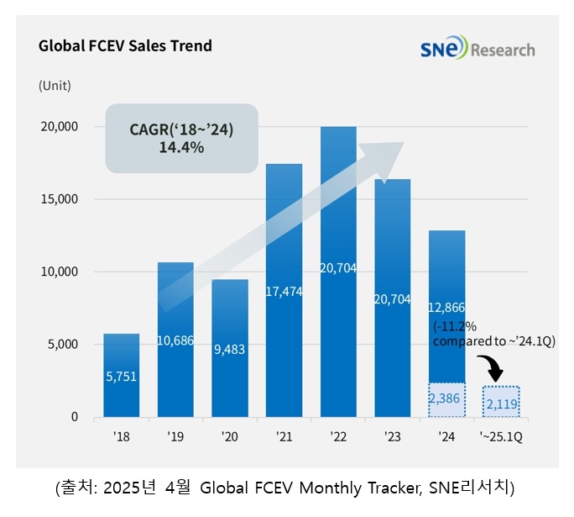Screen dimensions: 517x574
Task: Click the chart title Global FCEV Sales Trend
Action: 125,46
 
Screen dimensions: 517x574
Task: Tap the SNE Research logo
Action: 477,49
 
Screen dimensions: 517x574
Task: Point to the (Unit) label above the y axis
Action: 55,85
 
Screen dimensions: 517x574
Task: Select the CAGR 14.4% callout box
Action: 180,139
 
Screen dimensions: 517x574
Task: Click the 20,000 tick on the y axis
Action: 60,127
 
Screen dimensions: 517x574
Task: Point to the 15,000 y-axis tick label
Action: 60,199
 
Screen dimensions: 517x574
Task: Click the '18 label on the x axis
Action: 122,436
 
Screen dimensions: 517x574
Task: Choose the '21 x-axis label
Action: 284,436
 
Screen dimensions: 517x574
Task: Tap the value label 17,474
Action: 284,291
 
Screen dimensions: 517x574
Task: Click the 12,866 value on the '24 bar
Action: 446,308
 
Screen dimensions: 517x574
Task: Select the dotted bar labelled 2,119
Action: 501,402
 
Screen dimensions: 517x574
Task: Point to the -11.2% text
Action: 453,326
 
